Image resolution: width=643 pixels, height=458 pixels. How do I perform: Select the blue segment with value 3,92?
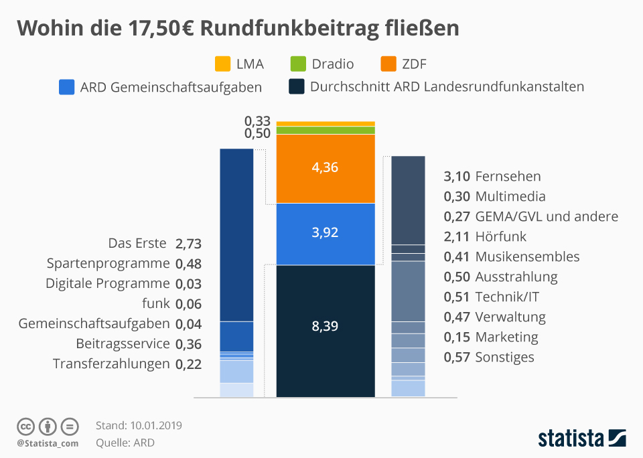pos(326,233)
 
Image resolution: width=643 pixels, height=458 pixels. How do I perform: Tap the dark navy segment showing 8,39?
pos(326,328)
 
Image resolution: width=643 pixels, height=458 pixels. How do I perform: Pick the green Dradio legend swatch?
pos(298,64)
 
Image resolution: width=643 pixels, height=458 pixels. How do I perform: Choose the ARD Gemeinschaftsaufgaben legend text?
pos(170,87)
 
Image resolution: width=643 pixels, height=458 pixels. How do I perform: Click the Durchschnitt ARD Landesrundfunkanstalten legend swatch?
pos(297,87)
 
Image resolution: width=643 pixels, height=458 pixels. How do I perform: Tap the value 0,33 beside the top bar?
pos(257,121)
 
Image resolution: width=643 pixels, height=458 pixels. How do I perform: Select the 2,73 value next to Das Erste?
pos(188,243)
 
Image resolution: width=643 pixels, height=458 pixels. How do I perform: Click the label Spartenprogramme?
pos(109,263)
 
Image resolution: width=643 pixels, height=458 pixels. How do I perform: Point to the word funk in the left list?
pos(156,303)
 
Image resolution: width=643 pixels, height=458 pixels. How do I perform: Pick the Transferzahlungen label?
pos(111,364)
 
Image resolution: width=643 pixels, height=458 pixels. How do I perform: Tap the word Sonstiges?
pos(504,357)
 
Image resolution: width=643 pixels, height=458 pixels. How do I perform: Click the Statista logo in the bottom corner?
pos(582,439)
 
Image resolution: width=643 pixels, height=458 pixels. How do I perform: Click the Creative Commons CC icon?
pos(26,426)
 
